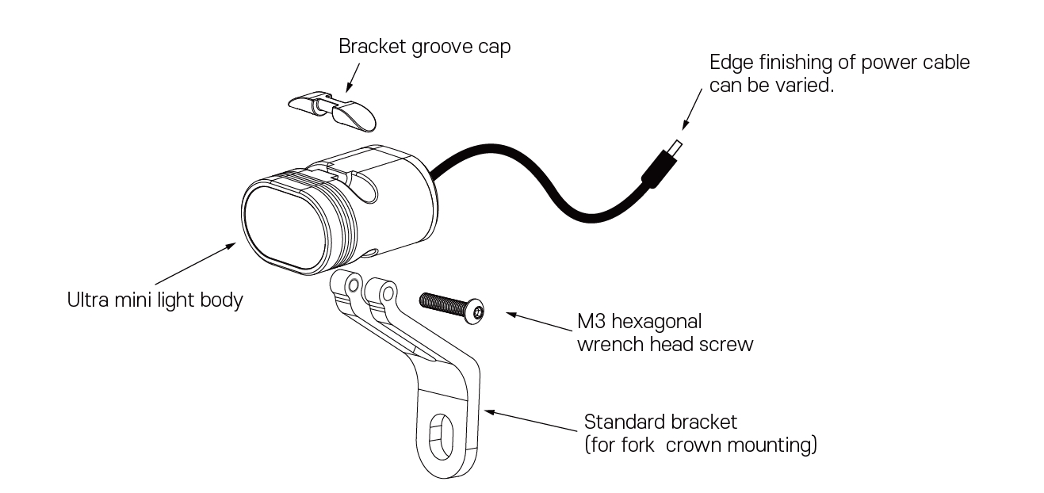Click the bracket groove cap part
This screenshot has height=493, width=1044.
coord(332,109)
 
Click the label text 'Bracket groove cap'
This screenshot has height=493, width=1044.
coord(424,46)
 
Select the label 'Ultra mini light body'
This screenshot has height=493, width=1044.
coord(154,301)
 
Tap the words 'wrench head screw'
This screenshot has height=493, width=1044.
coord(665,346)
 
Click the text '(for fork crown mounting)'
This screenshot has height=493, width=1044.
coord(700,445)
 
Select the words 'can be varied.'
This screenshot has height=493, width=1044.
coord(771,86)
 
